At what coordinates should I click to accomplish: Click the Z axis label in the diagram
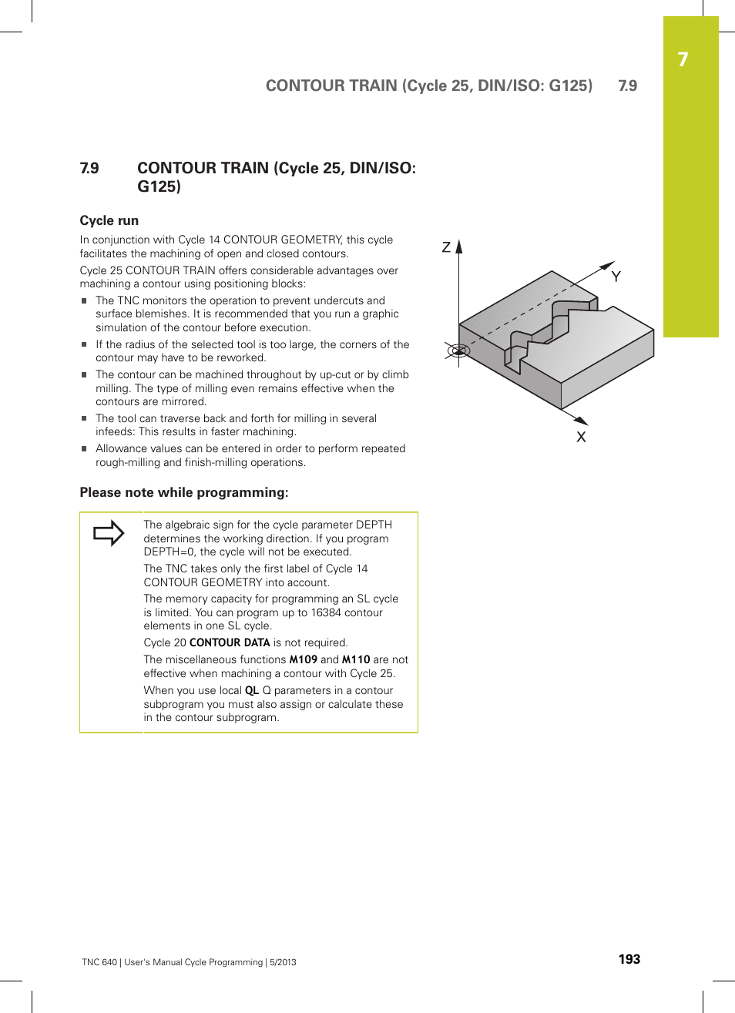[x=446, y=247]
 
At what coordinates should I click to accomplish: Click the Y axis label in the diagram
[x=616, y=277]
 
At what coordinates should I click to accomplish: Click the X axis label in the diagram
[x=581, y=437]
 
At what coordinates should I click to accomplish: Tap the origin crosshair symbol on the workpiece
[x=458, y=351]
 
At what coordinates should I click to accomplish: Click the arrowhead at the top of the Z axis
[x=459, y=247]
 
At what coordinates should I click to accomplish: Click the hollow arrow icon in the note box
[x=109, y=533]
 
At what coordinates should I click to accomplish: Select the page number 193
[x=629, y=959]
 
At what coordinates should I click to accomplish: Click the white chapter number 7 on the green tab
[x=683, y=60]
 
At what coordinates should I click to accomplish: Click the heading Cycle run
[x=109, y=220]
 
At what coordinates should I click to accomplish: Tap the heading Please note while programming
[x=184, y=492]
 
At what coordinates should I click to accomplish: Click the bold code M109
[x=303, y=659]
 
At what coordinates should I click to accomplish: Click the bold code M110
[x=356, y=659]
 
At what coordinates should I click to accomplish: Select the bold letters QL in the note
[x=251, y=690]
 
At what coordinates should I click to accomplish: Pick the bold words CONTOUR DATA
[x=230, y=642]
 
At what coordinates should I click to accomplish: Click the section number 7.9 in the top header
[x=627, y=86]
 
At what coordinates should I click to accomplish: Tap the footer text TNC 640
[x=99, y=962]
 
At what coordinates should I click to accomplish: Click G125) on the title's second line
[x=159, y=186]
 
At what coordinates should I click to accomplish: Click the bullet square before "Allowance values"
[x=85, y=449]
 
